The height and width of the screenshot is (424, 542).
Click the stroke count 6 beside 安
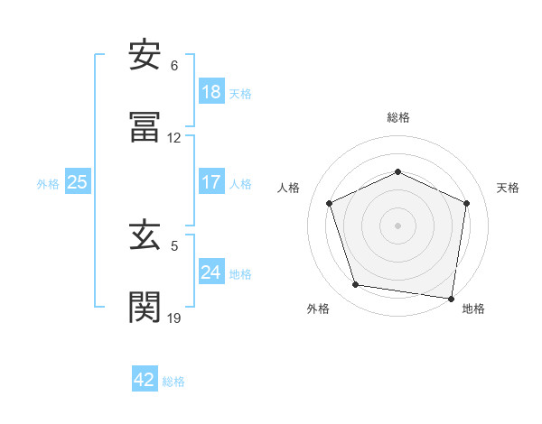(x=174, y=66)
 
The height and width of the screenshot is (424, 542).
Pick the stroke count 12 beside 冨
(x=174, y=138)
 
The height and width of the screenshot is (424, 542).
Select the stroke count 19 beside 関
(x=174, y=318)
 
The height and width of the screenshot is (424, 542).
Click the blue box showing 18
(x=211, y=92)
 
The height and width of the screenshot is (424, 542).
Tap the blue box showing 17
(x=211, y=181)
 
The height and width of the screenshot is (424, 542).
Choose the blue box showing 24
(x=211, y=272)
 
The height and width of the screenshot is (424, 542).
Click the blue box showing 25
(x=78, y=182)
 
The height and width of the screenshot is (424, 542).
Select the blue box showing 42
(x=145, y=380)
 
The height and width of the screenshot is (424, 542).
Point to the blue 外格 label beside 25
(x=48, y=183)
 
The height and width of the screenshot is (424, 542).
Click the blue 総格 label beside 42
(x=173, y=381)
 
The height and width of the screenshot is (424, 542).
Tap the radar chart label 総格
(x=397, y=117)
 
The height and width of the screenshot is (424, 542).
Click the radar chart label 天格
(x=508, y=188)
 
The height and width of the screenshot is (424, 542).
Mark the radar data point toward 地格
(x=451, y=298)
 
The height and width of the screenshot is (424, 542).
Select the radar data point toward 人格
(x=330, y=202)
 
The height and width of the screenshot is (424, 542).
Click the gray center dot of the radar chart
(x=397, y=225)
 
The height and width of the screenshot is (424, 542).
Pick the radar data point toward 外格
(x=356, y=285)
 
